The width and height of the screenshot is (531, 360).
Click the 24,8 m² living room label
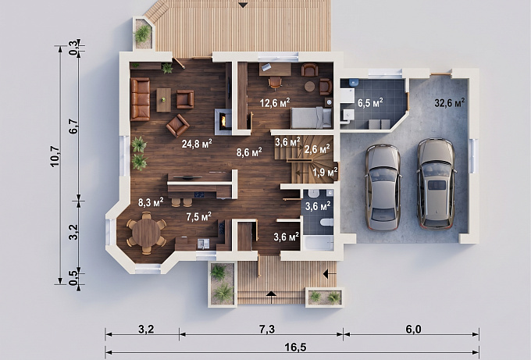[197, 144]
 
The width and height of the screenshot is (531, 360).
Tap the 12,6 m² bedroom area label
[275, 102]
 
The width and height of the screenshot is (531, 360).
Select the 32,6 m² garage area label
[449, 102]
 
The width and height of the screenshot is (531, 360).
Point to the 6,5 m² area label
[370, 102]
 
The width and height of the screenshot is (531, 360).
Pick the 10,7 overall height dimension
[55, 155]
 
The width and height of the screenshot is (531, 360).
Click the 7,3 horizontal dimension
[267, 330]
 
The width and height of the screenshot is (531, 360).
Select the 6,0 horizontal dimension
[413, 330]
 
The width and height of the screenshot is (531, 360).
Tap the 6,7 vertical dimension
[73, 127]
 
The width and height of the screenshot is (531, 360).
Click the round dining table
[146, 233]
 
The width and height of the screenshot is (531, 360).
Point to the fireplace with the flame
[223, 121]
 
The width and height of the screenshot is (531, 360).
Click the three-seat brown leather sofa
[141, 99]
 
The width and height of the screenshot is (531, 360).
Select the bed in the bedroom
[312, 117]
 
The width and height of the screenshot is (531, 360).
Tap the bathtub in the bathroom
[318, 243]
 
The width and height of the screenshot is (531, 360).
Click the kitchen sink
[203, 244]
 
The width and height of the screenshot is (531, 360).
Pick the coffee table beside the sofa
[164, 100]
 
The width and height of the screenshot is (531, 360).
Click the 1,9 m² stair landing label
[325, 173]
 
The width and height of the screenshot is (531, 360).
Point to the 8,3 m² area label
[151, 202]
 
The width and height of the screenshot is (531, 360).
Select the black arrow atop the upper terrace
[243, 5]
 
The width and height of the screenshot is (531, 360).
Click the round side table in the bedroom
[309, 87]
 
